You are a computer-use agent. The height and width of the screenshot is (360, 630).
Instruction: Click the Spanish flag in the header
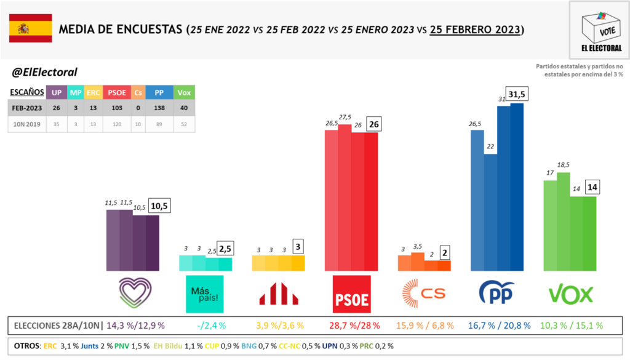30,29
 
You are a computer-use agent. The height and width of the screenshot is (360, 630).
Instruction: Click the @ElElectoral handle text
44,72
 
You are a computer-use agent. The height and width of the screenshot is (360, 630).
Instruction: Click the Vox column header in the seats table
183,92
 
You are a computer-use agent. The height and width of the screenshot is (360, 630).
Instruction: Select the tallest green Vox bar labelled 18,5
563,222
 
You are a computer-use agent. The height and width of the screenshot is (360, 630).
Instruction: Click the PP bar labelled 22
490,212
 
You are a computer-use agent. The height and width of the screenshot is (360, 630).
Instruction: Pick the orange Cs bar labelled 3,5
418,262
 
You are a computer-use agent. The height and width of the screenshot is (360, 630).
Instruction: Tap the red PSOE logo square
351,292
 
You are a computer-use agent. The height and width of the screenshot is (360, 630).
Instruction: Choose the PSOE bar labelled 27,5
345,197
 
